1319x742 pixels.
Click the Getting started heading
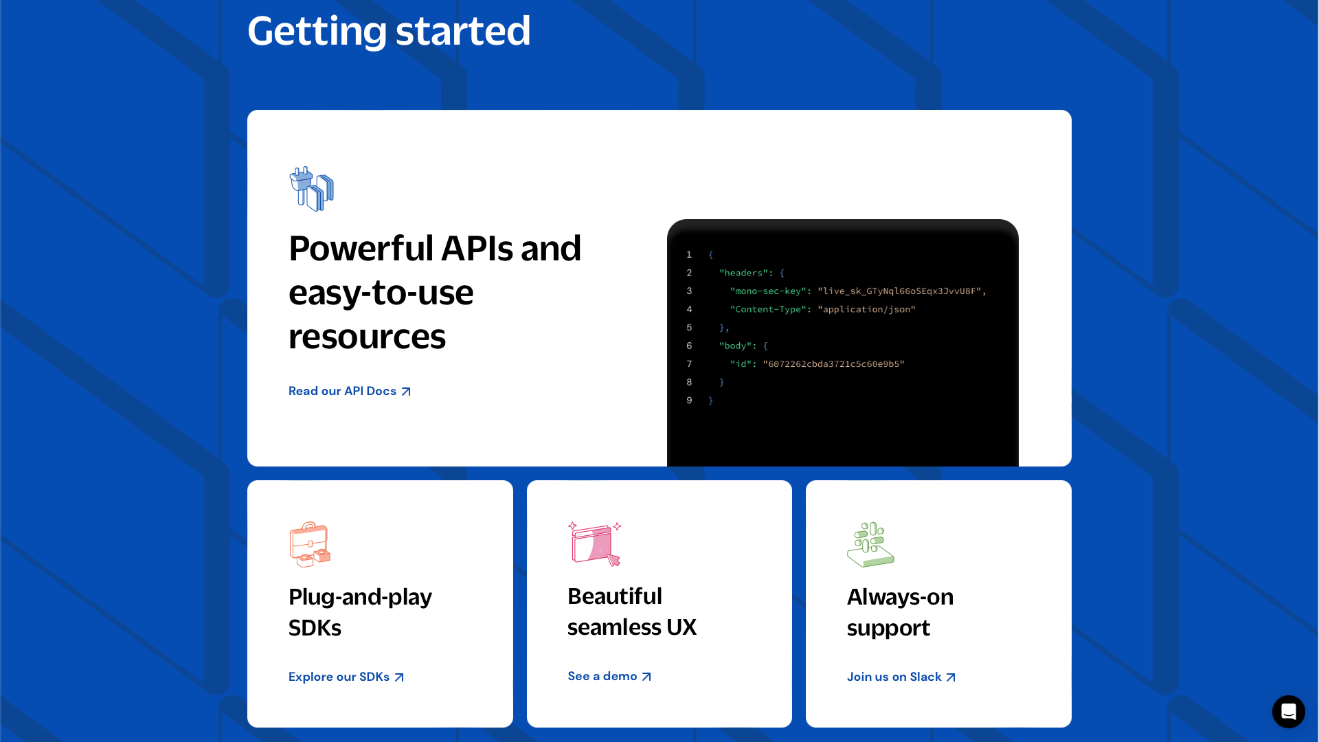(x=389, y=32)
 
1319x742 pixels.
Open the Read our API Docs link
(x=350, y=391)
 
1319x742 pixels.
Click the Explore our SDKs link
(x=346, y=677)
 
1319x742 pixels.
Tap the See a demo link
(x=609, y=676)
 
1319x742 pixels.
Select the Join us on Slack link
(x=901, y=677)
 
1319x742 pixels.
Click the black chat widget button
(x=1288, y=712)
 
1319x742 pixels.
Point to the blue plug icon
(x=312, y=189)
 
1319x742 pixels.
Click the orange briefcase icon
(x=310, y=544)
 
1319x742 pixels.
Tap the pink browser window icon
(x=595, y=543)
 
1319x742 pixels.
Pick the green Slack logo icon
(x=870, y=544)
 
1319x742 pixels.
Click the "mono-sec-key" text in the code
(x=767, y=291)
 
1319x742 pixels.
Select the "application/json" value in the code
(x=866, y=310)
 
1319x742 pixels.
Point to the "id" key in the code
(x=741, y=364)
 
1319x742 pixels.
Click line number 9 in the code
(x=689, y=401)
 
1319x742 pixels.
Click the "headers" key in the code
(x=743, y=273)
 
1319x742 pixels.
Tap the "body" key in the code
(x=735, y=346)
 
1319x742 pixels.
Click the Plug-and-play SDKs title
(x=360, y=612)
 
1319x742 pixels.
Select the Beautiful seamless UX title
(x=632, y=611)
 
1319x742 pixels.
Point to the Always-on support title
(x=900, y=612)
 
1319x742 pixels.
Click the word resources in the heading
(x=367, y=337)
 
